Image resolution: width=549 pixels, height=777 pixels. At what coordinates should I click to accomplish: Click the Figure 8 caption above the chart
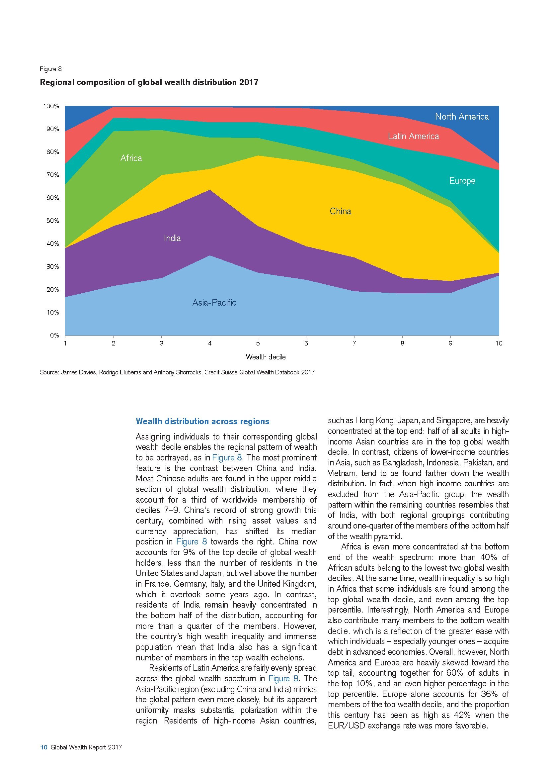click(51, 69)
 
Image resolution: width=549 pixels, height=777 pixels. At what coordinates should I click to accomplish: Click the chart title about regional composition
click(149, 82)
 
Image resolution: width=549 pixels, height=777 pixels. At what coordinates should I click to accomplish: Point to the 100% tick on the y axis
click(51, 106)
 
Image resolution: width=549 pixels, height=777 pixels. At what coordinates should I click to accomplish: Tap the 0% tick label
click(54, 336)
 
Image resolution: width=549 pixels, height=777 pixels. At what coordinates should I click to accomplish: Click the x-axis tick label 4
click(210, 343)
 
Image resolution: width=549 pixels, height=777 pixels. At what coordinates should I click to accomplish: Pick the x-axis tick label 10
click(499, 343)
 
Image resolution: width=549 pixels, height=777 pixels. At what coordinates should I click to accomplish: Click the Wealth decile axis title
click(266, 357)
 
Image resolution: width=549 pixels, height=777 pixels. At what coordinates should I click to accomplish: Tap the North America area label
click(462, 117)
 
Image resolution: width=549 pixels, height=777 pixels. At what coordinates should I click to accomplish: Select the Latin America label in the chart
click(413, 137)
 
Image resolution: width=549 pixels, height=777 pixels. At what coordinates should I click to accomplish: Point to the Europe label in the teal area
click(462, 181)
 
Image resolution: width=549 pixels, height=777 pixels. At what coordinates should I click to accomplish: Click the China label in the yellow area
click(341, 212)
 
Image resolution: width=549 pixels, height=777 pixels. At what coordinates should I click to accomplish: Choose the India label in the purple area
click(172, 238)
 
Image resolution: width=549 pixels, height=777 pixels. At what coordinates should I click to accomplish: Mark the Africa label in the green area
click(131, 158)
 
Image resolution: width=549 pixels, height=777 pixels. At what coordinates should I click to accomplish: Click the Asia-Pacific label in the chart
click(214, 303)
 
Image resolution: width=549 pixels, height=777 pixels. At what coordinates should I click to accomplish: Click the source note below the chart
click(177, 372)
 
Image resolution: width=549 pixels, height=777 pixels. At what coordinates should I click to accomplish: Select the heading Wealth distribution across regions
click(202, 421)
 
